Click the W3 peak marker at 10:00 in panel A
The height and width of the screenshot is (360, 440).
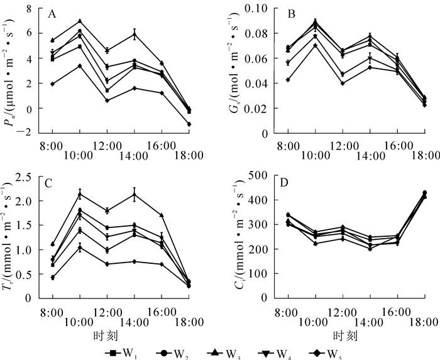pos(80,21)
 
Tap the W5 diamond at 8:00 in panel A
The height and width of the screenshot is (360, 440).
pos(53,84)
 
